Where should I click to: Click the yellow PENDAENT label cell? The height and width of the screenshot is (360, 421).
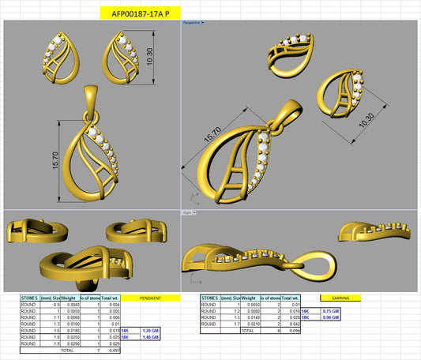coord(151,298)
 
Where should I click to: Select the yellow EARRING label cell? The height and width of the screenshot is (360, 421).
coord(341,298)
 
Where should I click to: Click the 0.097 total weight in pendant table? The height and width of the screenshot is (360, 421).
coord(114,350)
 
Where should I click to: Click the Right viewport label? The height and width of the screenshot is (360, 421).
coord(188,212)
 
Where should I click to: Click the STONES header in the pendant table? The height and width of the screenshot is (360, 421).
coord(30,298)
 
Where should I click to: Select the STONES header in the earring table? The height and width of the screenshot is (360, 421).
coord(211,298)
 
